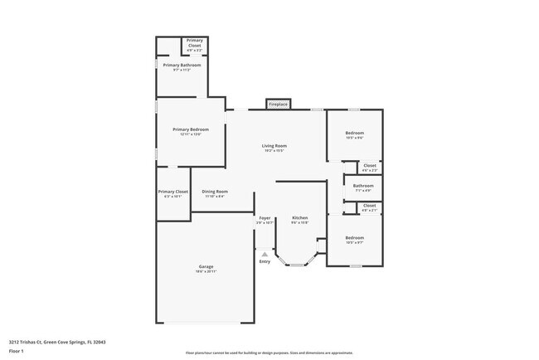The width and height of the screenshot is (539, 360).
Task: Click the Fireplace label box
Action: point(278,105)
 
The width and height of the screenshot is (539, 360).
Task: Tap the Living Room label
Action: point(274,146)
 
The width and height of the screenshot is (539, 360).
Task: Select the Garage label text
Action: point(206,266)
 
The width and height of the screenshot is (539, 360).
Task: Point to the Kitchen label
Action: point(299,218)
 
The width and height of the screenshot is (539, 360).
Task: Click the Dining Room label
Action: point(214,191)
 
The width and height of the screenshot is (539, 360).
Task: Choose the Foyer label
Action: point(264,218)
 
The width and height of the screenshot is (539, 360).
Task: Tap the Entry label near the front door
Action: point(265,261)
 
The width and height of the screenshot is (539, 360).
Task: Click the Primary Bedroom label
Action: point(190,129)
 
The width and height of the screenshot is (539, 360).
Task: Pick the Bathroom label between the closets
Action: point(363,186)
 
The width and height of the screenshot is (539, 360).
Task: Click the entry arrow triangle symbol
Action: point(265,254)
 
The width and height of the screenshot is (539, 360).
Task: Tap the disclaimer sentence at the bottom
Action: point(269,353)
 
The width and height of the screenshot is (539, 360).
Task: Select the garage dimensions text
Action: point(206,271)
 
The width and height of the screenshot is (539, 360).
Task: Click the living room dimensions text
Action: point(274,151)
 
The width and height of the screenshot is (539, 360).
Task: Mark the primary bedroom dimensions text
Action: point(190,134)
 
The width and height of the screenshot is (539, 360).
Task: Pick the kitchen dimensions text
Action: point(299,223)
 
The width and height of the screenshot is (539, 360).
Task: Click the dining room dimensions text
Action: point(214,196)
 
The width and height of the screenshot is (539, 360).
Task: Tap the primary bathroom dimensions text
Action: point(182,70)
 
